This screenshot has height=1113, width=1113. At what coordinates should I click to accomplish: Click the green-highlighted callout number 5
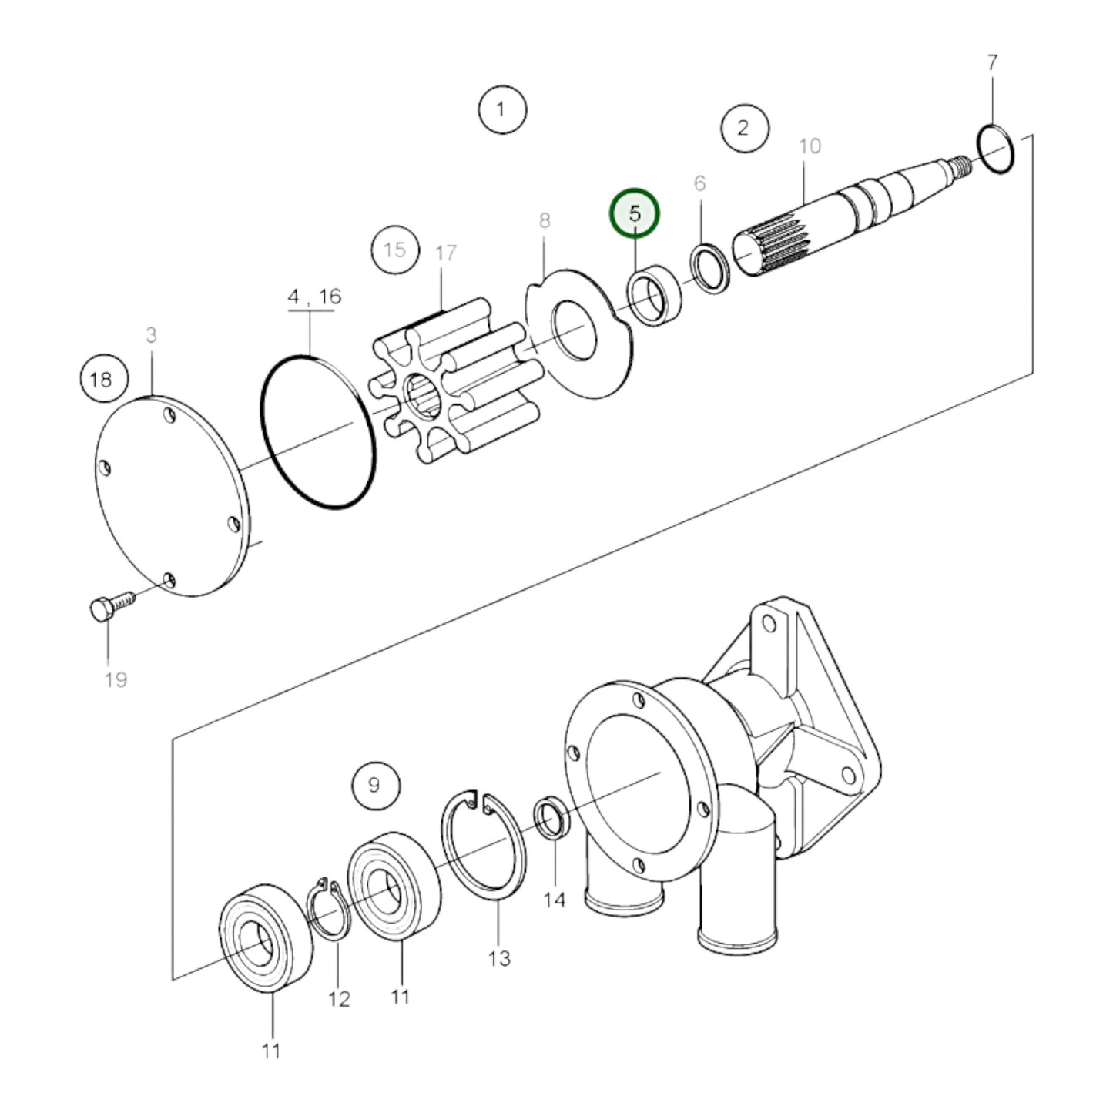click(635, 213)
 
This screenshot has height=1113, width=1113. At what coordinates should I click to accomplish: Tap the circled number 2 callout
click(744, 127)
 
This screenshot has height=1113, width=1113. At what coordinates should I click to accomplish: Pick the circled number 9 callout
click(375, 785)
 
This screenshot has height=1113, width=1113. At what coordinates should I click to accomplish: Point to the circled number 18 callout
click(101, 379)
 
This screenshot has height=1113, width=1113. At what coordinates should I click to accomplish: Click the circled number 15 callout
click(394, 250)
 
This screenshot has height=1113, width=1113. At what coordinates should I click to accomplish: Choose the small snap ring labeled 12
click(329, 909)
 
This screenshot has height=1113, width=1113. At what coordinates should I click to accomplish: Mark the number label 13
click(499, 958)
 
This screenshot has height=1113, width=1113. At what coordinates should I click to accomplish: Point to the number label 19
click(116, 679)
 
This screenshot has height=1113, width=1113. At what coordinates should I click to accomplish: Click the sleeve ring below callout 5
click(654, 294)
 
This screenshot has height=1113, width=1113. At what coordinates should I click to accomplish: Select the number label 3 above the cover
click(151, 335)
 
